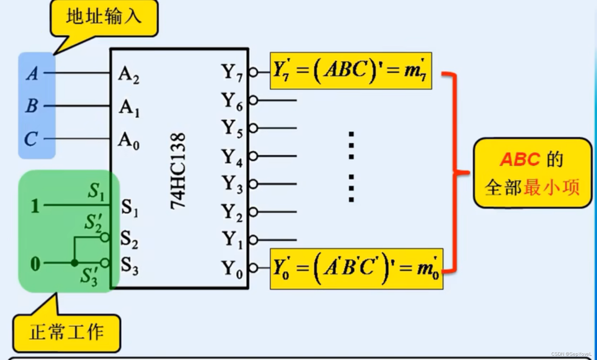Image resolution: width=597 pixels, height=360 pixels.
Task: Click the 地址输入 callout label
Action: pyautogui.click(x=104, y=17)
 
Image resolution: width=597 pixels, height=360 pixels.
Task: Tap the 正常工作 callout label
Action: pyautogui.click(x=67, y=333)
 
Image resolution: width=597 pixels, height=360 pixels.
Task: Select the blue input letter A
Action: pyautogui.click(x=32, y=73)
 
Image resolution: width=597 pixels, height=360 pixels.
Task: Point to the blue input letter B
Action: pyautogui.click(x=32, y=106)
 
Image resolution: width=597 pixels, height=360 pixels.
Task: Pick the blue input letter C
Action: pyautogui.click(x=31, y=138)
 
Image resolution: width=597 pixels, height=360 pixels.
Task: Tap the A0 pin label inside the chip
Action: pyautogui.click(x=129, y=140)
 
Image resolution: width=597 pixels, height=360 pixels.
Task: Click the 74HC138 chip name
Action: pyautogui.click(x=178, y=171)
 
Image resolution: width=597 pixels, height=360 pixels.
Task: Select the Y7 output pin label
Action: pyautogui.click(x=232, y=73)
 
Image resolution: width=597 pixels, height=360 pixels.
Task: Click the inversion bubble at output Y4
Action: pyautogui.click(x=253, y=156)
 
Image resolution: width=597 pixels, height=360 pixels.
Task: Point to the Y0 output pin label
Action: pyautogui.click(x=232, y=269)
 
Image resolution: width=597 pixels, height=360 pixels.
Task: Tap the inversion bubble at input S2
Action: pyautogui.click(x=105, y=237)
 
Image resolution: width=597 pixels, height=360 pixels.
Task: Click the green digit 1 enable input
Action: pyautogui.click(x=35, y=206)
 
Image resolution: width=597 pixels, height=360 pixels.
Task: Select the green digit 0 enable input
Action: pyautogui.click(x=35, y=264)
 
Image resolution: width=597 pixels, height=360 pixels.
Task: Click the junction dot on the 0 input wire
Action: pyautogui.click(x=74, y=263)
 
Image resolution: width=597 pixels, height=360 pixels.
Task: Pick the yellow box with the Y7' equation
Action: pyautogui.click(x=351, y=71)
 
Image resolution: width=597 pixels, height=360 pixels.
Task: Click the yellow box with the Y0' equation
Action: pyautogui.click(x=356, y=269)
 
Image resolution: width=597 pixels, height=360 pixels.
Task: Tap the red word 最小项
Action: pyautogui.click(x=551, y=187)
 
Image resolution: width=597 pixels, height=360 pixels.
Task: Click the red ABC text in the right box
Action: pyautogui.click(x=520, y=159)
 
